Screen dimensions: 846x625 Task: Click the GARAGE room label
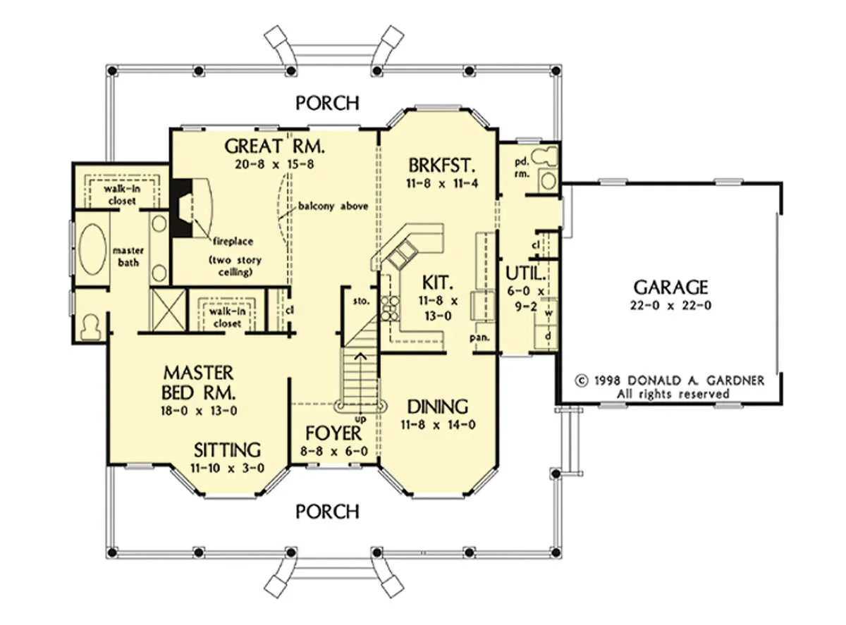coord(670,287)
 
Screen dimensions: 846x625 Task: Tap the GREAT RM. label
coord(275,146)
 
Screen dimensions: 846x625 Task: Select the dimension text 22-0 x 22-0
coord(670,305)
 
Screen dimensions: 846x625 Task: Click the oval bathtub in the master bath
coord(92,249)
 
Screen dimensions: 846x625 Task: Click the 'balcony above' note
coord(333,206)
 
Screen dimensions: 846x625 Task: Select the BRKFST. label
coord(442,166)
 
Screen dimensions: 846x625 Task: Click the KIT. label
coord(438,283)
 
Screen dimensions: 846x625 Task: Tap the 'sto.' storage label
coord(361,301)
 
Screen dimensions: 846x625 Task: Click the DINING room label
coord(438,407)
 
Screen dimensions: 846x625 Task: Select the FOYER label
coord(333,433)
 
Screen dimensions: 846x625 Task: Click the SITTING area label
coord(227,450)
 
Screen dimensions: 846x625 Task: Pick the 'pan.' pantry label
coord(479,338)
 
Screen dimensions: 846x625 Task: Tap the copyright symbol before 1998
coord(582,380)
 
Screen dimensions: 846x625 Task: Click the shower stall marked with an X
coord(169,310)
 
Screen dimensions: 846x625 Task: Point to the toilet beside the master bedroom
coord(90,326)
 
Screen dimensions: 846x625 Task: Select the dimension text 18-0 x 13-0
coord(199,411)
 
